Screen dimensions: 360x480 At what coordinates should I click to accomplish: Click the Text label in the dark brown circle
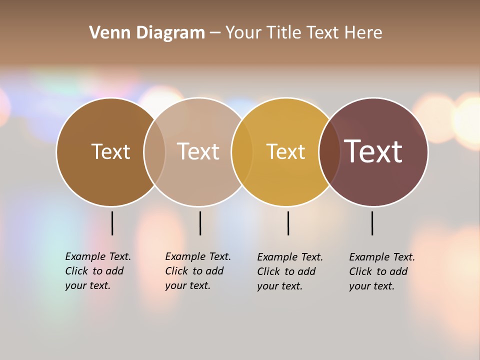[110, 151]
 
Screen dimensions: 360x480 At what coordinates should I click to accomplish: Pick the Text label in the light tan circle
[198, 151]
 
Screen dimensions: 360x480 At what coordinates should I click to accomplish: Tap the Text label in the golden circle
[285, 151]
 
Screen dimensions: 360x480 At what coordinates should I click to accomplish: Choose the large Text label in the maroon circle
[373, 151]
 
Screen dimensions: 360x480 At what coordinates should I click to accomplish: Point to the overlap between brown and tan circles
[154, 152]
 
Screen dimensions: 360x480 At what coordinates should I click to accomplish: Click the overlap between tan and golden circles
[242, 152]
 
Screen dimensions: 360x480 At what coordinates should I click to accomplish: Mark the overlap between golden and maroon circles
[329, 152]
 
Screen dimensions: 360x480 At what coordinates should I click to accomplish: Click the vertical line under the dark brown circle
[112, 223]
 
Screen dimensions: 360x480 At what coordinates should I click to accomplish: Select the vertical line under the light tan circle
[200, 223]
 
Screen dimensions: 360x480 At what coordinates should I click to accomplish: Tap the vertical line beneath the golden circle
[288, 223]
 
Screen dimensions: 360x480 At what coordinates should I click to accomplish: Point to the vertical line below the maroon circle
[372, 223]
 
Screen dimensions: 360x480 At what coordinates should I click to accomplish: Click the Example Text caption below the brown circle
[98, 271]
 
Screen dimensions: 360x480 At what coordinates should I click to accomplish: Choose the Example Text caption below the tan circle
[198, 271]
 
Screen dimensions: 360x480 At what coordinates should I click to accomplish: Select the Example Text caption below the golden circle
[290, 271]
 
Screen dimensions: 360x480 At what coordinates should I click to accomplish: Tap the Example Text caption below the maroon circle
[382, 271]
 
